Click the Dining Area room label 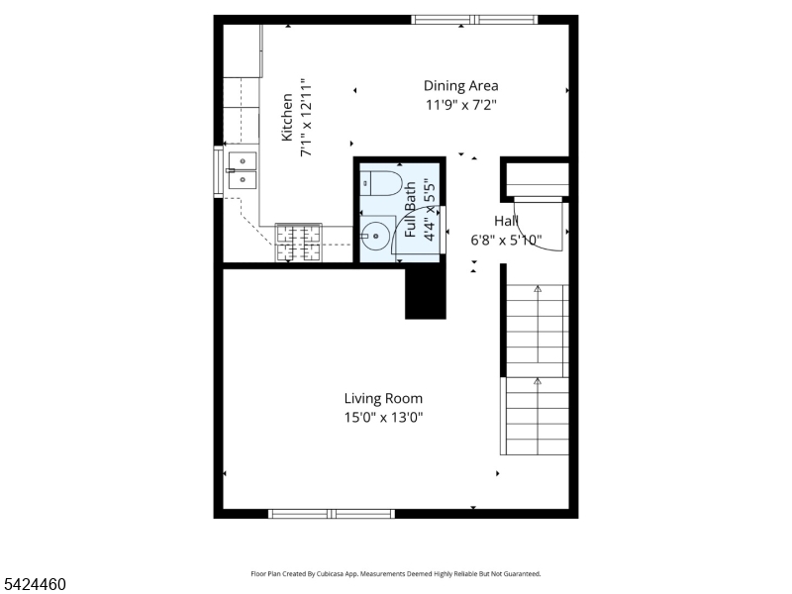pyautogui.click(x=460, y=86)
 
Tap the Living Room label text pyautogui.click(x=383, y=399)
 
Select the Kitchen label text pyautogui.click(x=286, y=117)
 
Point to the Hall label pyautogui.click(x=506, y=221)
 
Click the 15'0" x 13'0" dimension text pyautogui.click(x=383, y=417)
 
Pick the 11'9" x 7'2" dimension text pyautogui.click(x=460, y=105)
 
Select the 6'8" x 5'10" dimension pyautogui.click(x=506, y=240)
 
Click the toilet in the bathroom pyautogui.click(x=381, y=183)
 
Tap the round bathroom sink pyautogui.click(x=375, y=236)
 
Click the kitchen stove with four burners pyautogui.click(x=299, y=243)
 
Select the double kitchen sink pyautogui.click(x=243, y=170)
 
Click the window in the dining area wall pyautogui.click(x=474, y=20)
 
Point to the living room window pyautogui.click(x=332, y=514)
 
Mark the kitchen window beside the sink pyautogui.click(x=218, y=171)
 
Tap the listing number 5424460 pyautogui.click(x=34, y=584)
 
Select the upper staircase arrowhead pyautogui.click(x=538, y=289)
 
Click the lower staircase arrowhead pyautogui.click(x=538, y=381)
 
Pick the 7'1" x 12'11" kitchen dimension pyautogui.click(x=306, y=117)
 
